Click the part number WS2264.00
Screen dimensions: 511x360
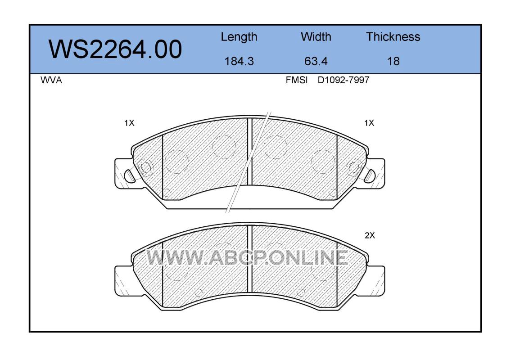pyautogui.click(x=115, y=49)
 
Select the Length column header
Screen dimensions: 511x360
pyautogui.click(x=239, y=37)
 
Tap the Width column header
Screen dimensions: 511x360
pyautogui.click(x=316, y=37)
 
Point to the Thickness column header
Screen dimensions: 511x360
pyautogui.click(x=393, y=37)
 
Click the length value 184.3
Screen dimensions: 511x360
pyautogui.click(x=239, y=61)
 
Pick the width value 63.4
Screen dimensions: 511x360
pyautogui.click(x=316, y=61)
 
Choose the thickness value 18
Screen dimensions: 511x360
pyautogui.click(x=393, y=61)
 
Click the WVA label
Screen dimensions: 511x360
pyautogui.click(x=51, y=80)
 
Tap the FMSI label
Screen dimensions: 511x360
pyautogui.click(x=297, y=80)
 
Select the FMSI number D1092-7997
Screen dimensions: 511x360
pyautogui.click(x=344, y=80)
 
